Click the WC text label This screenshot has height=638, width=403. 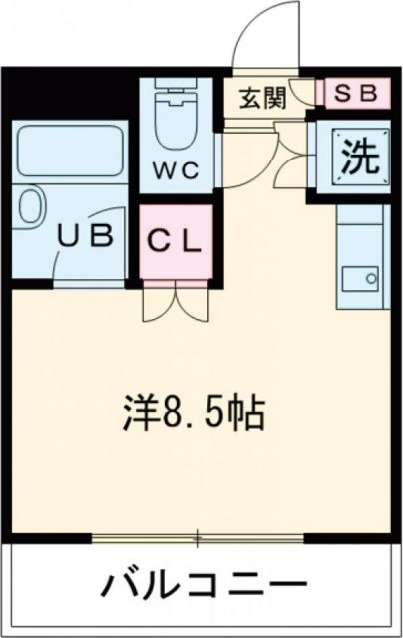pos(178,169)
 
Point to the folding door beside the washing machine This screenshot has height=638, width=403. pos(291,156)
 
